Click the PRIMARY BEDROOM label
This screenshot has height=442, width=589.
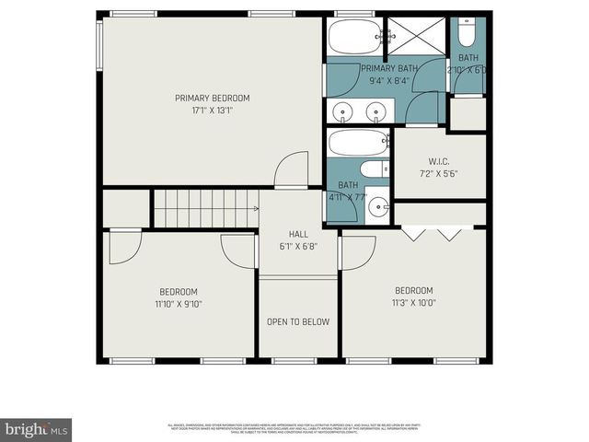pyautogui.click(x=213, y=98)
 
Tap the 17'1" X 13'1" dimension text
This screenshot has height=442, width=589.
pyautogui.click(x=213, y=111)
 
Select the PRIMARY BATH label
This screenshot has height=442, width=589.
pyautogui.click(x=389, y=69)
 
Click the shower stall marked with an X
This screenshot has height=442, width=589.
pyautogui.click(x=413, y=38)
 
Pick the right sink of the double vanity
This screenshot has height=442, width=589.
pyautogui.click(x=375, y=112)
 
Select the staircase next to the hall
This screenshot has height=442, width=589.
pyautogui.click(x=204, y=208)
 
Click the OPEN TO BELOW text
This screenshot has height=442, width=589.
pyautogui.click(x=297, y=321)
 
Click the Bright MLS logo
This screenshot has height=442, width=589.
pyautogui.click(x=37, y=428)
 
